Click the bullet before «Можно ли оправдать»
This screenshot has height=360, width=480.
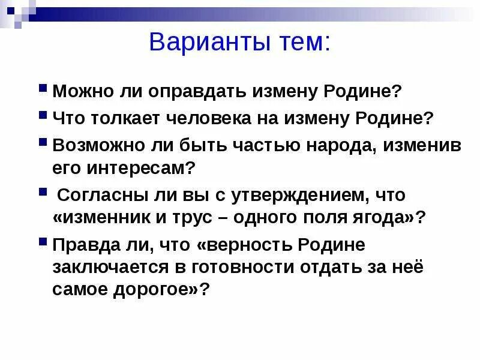(43, 88)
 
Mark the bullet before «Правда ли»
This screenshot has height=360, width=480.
(43, 242)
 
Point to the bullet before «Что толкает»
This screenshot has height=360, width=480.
(43, 114)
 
